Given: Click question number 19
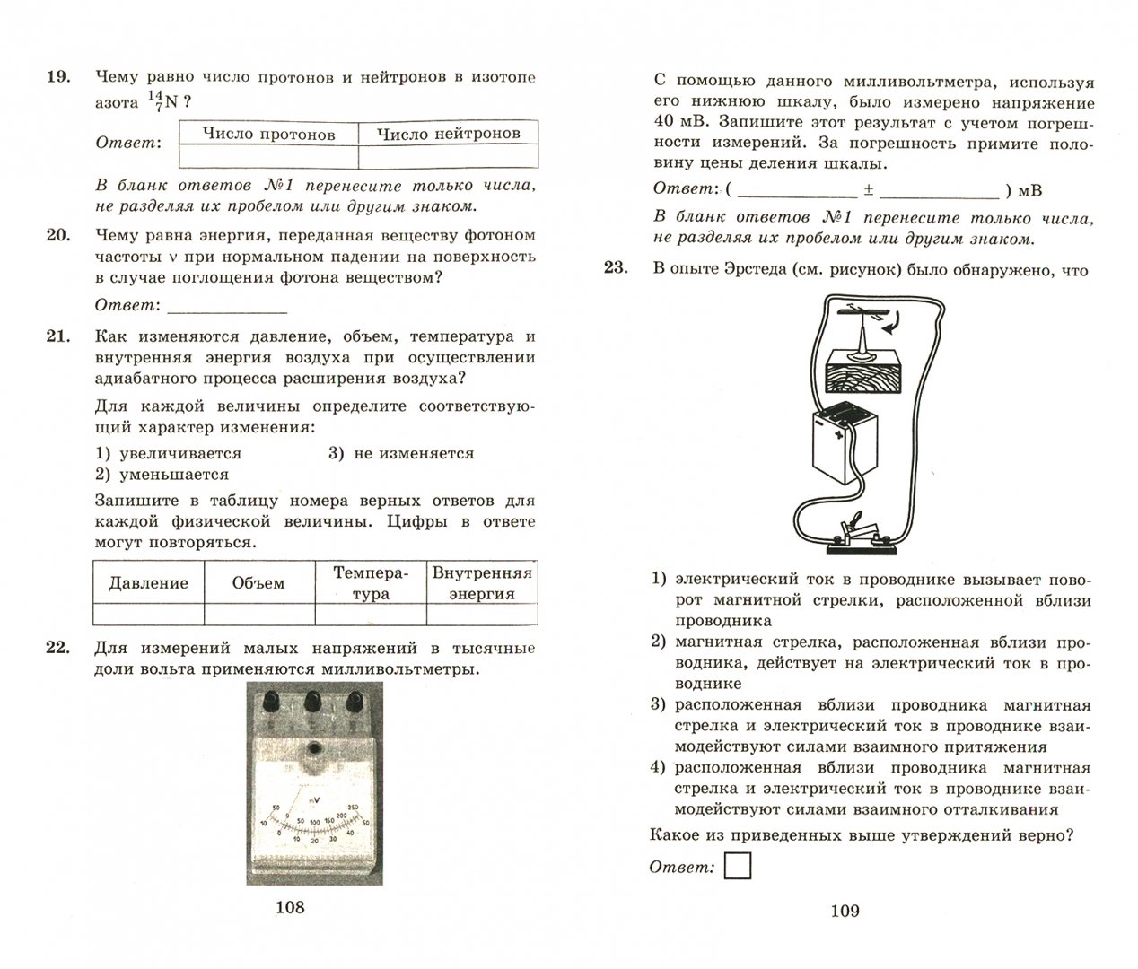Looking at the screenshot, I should (x=57, y=77).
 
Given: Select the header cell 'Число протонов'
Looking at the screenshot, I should (x=268, y=134).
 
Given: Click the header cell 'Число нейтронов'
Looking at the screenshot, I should (x=448, y=134).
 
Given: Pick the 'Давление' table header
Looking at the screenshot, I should (x=148, y=583).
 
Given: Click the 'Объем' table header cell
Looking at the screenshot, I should (x=258, y=583).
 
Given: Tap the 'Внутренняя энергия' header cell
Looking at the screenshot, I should (x=482, y=583).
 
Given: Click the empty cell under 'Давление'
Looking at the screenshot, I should (x=148, y=615).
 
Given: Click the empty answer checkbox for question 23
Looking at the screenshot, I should (x=737, y=866).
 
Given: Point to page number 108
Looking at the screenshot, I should (x=290, y=907).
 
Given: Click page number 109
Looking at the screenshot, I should (x=845, y=911).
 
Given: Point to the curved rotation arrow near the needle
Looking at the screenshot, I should (x=893, y=324).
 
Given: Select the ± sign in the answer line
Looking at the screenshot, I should (x=869, y=190).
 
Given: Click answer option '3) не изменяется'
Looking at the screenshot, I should (x=400, y=454).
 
